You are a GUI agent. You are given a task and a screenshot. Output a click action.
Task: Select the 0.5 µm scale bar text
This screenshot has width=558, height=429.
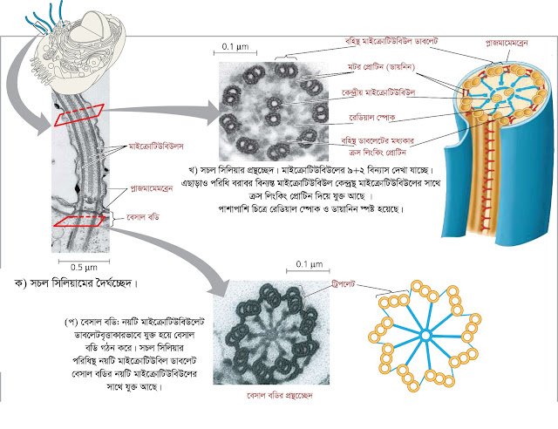pyautogui.click(x=84, y=267)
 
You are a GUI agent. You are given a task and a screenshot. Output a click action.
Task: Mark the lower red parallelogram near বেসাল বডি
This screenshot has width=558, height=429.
pyautogui.click(x=78, y=221)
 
